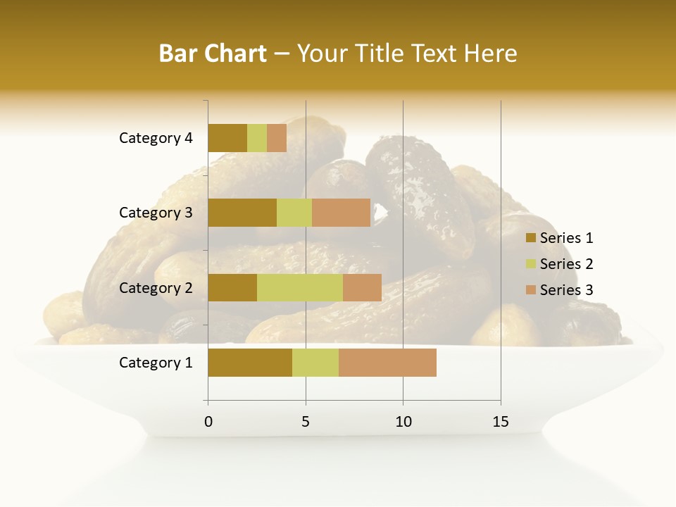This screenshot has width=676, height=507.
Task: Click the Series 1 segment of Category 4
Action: click(227, 138)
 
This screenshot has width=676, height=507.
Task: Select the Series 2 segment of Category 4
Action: click(257, 138)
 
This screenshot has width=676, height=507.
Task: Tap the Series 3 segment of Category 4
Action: click(277, 138)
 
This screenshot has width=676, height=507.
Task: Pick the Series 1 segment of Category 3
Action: click(242, 213)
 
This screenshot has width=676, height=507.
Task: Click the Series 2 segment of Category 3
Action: click(294, 213)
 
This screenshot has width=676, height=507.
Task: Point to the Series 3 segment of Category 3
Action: click(341, 213)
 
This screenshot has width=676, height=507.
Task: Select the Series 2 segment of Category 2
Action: click(300, 287)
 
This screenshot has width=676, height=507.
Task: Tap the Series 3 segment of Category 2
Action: click(362, 287)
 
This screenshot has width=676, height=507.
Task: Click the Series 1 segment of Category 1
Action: click(250, 363)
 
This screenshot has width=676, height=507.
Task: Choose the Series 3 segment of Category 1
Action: click(387, 363)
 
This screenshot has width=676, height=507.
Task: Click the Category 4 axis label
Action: click(156, 138)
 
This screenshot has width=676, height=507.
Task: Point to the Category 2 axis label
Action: click(156, 287)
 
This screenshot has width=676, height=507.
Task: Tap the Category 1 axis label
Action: click(156, 363)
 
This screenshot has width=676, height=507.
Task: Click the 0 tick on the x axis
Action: click(208, 422)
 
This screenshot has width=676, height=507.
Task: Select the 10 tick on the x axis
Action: click(403, 422)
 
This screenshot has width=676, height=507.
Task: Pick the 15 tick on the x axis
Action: click(501, 422)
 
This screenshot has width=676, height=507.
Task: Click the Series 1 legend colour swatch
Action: click(530, 238)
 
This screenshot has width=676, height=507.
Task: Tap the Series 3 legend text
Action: click(566, 290)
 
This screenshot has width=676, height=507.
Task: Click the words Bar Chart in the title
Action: click(213, 54)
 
